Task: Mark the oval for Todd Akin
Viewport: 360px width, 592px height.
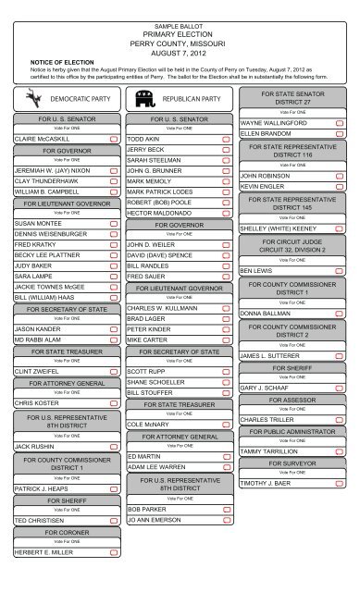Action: click(227, 138)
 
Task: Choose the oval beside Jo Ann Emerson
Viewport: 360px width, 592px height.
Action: click(227, 521)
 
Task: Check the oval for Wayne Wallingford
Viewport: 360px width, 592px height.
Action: click(340, 122)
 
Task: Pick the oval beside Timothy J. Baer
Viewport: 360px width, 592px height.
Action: click(340, 484)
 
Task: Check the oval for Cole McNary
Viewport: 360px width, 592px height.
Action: click(227, 424)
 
